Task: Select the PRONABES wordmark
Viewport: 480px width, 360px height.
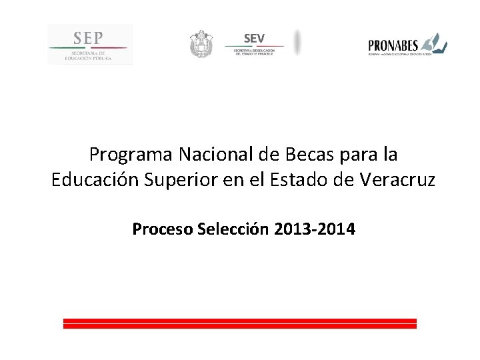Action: point(393,45)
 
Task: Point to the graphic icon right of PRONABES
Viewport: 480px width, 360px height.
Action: point(434,43)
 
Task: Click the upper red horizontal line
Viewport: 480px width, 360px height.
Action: point(240,321)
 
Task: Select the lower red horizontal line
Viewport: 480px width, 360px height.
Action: point(240,327)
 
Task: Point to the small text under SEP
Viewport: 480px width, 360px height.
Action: point(89,56)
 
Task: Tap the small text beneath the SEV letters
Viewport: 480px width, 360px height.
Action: point(254,52)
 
